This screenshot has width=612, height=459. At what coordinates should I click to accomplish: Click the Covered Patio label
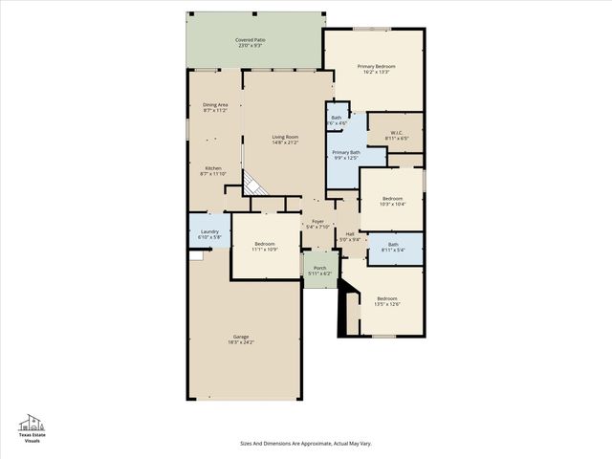coord(251,43)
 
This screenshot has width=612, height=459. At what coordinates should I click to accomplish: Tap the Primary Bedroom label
coord(377,69)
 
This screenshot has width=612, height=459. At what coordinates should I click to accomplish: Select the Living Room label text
coord(286,140)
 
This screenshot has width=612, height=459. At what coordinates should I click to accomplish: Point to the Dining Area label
coord(215,107)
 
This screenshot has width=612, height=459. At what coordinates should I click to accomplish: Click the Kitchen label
coord(213,170)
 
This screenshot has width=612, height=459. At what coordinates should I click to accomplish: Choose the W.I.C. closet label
coord(396,136)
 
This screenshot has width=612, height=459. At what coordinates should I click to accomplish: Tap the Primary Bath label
coord(346,155)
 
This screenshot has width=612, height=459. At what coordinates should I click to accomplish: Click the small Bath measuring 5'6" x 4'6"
coord(337,120)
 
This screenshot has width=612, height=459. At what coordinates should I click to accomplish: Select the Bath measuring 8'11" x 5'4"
coord(393,247)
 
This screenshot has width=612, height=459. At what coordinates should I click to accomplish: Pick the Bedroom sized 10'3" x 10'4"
coord(391,201)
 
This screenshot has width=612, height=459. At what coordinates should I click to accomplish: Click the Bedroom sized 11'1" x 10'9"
coord(264,247)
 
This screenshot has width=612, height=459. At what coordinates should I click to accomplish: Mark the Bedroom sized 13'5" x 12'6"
coord(387,301)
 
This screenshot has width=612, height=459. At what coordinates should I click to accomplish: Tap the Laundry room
coord(209,234)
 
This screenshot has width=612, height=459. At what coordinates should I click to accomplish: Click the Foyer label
coord(317,224)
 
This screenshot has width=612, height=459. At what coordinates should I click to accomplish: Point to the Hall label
coord(350,236)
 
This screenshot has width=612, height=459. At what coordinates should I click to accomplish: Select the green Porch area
coord(320,270)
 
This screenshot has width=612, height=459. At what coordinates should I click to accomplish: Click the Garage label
coord(241,339)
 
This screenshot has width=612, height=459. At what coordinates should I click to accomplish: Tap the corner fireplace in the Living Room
coord(252,184)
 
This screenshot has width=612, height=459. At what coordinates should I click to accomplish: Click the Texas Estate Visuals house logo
coord(33,426)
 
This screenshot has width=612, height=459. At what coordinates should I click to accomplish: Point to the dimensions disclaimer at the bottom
coord(305,443)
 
